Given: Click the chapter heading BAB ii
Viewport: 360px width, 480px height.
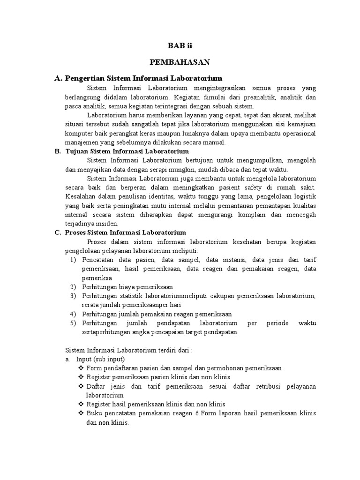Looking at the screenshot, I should [180, 45].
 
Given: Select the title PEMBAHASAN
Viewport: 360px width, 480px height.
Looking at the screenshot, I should [180, 61].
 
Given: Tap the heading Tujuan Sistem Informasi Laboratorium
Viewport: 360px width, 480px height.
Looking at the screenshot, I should [128, 151].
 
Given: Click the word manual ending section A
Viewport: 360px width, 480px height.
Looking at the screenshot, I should [214, 142].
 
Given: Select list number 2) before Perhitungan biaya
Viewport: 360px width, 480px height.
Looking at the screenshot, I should [73, 286].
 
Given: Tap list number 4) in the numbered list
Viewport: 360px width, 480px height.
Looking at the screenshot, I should [73, 314].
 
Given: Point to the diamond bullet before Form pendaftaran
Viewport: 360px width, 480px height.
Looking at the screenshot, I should [81, 368].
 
